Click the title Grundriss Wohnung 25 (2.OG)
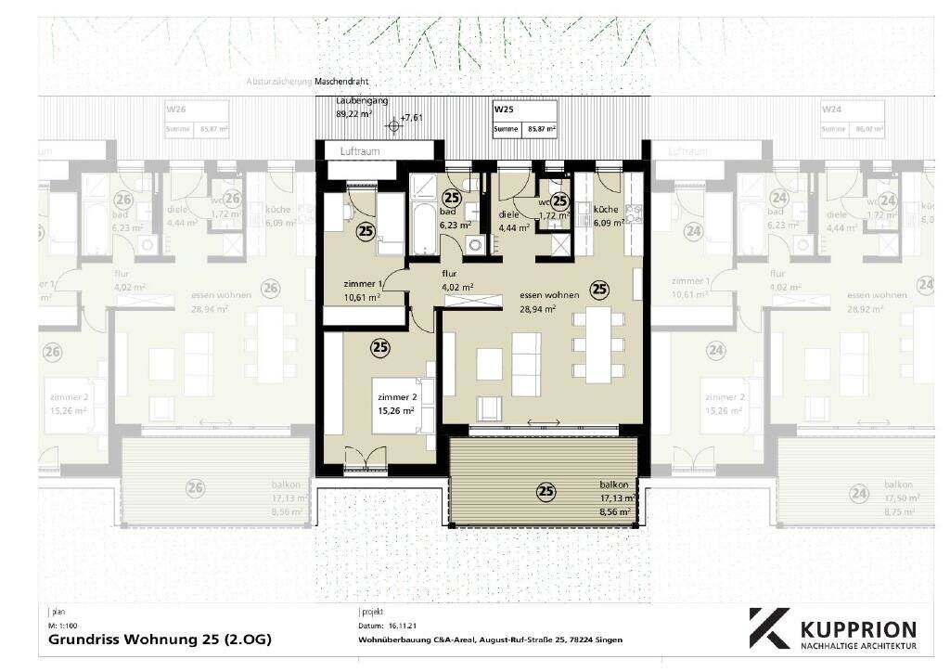160,640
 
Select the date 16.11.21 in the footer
404,627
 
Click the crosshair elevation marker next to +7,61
395,123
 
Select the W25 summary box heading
502,109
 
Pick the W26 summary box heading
175,109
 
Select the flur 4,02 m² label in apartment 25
456,280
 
